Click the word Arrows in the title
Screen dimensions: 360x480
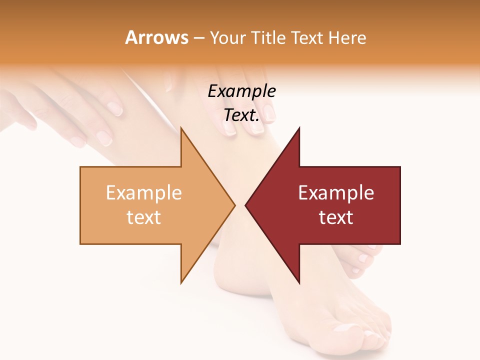tap(156, 37)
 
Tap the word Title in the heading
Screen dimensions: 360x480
tap(272, 38)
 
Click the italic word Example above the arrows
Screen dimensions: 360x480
tap(241, 91)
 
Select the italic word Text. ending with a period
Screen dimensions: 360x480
tap(241, 115)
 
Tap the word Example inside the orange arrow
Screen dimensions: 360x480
tap(144, 193)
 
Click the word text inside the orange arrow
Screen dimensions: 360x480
tap(144, 217)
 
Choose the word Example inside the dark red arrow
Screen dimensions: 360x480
tap(336, 193)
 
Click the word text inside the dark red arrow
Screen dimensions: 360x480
tap(336, 217)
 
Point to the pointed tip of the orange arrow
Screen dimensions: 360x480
tap(234, 205)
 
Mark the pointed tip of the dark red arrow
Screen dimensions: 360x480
tap(245, 205)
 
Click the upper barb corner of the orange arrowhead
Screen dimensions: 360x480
tap(181, 128)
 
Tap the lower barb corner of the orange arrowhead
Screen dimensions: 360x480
tap(181, 283)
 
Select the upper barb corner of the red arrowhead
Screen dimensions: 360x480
tap(299, 128)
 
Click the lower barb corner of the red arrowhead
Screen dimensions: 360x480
tap(299, 283)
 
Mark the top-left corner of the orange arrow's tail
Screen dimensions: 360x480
tap(80, 167)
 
